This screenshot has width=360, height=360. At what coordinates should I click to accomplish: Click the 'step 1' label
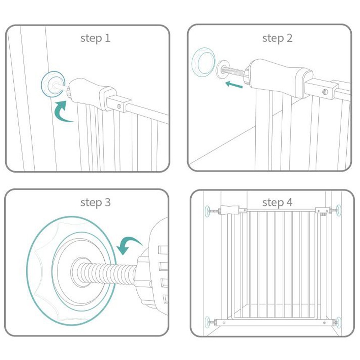pos(95,38)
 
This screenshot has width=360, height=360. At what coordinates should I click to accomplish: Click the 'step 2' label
pos(277,38)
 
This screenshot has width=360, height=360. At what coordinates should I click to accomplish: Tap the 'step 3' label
pos(95,202)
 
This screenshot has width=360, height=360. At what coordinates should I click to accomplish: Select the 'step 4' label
pos(277,202)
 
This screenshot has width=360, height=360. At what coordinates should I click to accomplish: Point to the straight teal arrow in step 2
pos(234,85)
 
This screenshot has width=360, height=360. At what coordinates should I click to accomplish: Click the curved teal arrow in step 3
pos(129,244)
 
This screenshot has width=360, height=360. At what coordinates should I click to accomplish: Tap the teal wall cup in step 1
pos(53,84)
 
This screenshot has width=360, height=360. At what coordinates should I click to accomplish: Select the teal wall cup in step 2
pos(204,61)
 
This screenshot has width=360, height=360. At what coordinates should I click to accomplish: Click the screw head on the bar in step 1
pos(119,106)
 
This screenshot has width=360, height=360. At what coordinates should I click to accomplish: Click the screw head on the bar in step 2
pos(325,92)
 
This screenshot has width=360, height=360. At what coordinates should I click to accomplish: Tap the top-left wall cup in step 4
pos(207,211)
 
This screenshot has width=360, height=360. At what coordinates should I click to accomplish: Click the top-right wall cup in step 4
pos(339,210)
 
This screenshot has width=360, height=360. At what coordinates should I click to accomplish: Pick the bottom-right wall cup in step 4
pos(339,323)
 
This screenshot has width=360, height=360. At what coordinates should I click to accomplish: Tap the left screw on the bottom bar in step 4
pos(224,323)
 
